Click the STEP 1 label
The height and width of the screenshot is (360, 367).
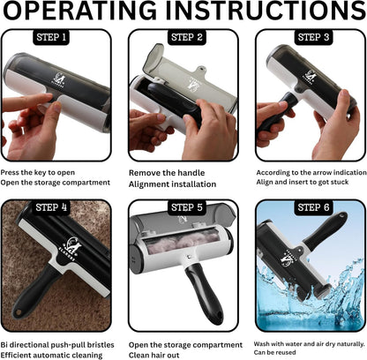click(x=51, y=37)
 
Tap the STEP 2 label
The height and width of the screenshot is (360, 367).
click(x=187, y=37)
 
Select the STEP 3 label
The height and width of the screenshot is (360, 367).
click(x=313, y=37)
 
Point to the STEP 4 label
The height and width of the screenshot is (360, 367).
click(x=51, y=207)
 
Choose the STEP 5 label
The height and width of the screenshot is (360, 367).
click(x=187, y=207)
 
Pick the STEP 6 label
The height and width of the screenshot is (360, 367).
click(x=313, y=207)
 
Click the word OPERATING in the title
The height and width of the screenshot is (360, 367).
click(x=79, y=11)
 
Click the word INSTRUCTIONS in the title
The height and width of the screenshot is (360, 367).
click(x=266, y=11)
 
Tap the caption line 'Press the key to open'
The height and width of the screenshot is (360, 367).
click(x=38, y=172)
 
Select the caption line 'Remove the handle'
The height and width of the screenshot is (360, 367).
click(x=167, y=173)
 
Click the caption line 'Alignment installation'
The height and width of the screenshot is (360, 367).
click(x=172, y=184)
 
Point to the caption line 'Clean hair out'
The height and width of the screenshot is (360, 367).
click(x=154, y=355)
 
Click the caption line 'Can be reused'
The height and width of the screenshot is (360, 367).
click(x=274, y=352)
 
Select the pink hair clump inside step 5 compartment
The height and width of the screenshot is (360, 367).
click(x=183, y=244)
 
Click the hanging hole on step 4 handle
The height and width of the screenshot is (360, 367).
click(x=19, y=312)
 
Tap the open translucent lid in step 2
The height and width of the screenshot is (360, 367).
click(x=187, y=79)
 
